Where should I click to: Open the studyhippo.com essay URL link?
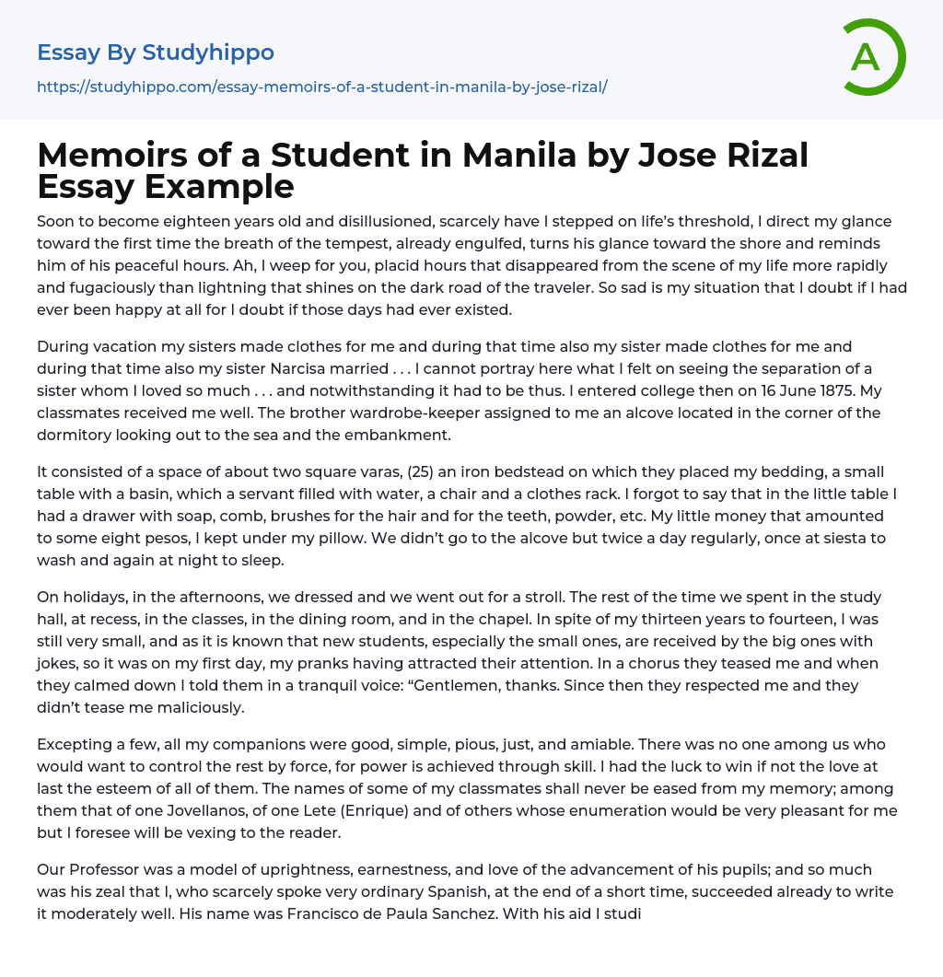click(321, 87)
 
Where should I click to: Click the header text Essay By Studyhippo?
click(156, 52)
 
